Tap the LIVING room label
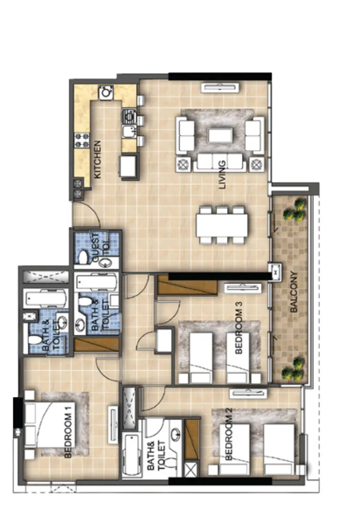tap(222, 176)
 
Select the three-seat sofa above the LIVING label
tap(219, 162)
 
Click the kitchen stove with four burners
tap(82, 140)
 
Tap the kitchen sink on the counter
tap(129, 131)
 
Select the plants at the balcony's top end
tap(295, 209)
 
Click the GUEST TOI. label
tap(99, 248)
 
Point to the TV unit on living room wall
tap(219, 87)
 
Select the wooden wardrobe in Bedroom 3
tap(188, 286)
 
